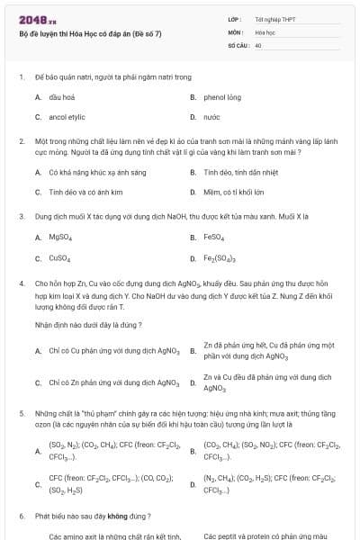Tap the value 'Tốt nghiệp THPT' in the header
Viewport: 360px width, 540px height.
pos(275,19)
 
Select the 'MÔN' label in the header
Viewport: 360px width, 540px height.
pos(236,31)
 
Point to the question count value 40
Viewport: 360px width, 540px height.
pos(258,44)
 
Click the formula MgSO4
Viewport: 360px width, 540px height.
pos(60,238)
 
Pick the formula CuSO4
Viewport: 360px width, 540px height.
pos(59,258)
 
